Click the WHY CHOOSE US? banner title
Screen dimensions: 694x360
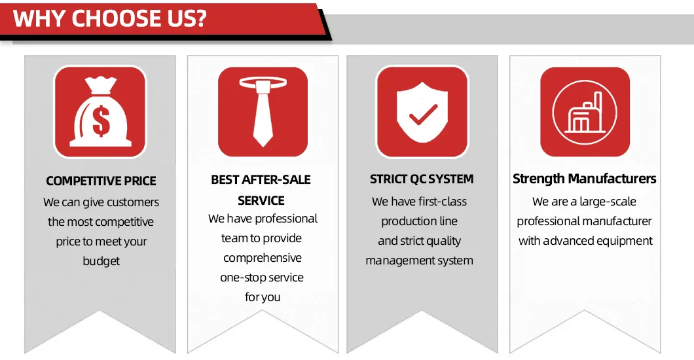pyautogui.click(x=110, y=18)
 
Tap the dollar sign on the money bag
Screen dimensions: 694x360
pyautogui.click(x=101, y=121)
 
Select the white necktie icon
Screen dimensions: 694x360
pyautogui.click(x=263, y=111)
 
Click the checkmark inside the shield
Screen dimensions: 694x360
pyautogui.click(x=423, y=114)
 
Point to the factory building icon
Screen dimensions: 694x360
pyautogui.click(x=584, y=113)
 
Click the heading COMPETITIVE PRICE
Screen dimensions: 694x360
pyautogui.click(x=101, y=181)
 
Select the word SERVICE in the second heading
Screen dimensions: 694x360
pyautogui.click(x=261, y=201)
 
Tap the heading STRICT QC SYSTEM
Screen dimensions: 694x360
pyautogui.click(x=422, y=179)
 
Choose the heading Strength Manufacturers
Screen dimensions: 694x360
pyautogui.click(x=584, y=179)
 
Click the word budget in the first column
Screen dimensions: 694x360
pyautogui.click(x=101, y=261)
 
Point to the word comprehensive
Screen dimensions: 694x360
pyautogui.click(x=263, y=258)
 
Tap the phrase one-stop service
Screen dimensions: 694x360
pyautogui.click(x=262, y=278)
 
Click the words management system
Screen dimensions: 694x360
pyautogui.click(x=419, y=261)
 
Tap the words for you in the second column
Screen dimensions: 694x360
pyautogui.click(x=263, y=297)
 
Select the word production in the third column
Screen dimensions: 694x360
pyautogui.click(x=407, y=221)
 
